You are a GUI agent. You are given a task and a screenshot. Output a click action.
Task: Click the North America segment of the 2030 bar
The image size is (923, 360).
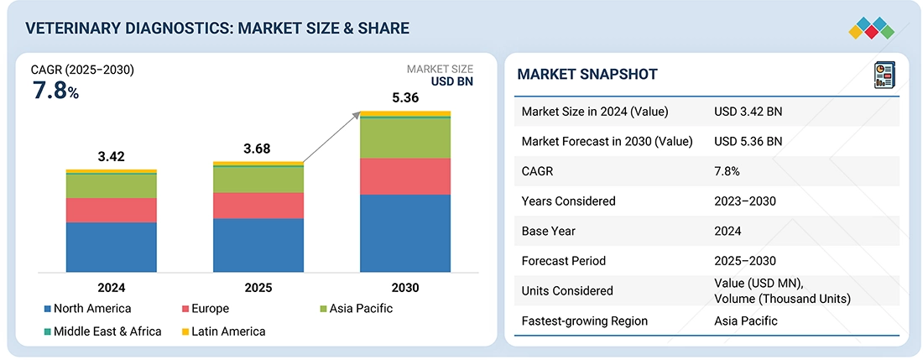point(405,232)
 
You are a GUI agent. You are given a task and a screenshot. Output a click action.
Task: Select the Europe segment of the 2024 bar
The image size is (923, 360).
point(112,210)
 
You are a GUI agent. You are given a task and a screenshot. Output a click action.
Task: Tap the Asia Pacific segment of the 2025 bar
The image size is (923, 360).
point(258,180)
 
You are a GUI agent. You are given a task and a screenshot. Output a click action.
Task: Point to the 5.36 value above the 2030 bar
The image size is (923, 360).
point(405,97)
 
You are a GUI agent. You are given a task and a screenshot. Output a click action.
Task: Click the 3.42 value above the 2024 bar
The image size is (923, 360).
point(112,156)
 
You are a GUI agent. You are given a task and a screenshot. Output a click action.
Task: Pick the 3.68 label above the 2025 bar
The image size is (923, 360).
point(258,149)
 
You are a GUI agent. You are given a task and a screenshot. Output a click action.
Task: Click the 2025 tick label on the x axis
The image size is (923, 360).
point(258,287)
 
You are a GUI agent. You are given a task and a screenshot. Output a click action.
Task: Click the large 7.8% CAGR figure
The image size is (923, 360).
point(55,91)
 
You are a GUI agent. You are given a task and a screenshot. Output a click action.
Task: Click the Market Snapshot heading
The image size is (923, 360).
point(587,75)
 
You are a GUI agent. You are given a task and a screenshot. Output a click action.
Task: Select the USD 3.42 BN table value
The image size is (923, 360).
point(748,112)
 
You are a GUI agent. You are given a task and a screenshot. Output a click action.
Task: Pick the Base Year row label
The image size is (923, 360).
point(550,231)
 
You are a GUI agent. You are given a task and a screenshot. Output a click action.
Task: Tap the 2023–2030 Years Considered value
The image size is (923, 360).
point(745,201)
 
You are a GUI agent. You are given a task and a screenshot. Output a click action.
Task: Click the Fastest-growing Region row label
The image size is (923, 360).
point(584,321)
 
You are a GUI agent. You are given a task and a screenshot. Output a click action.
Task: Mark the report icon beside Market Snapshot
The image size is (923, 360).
point(884,74)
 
